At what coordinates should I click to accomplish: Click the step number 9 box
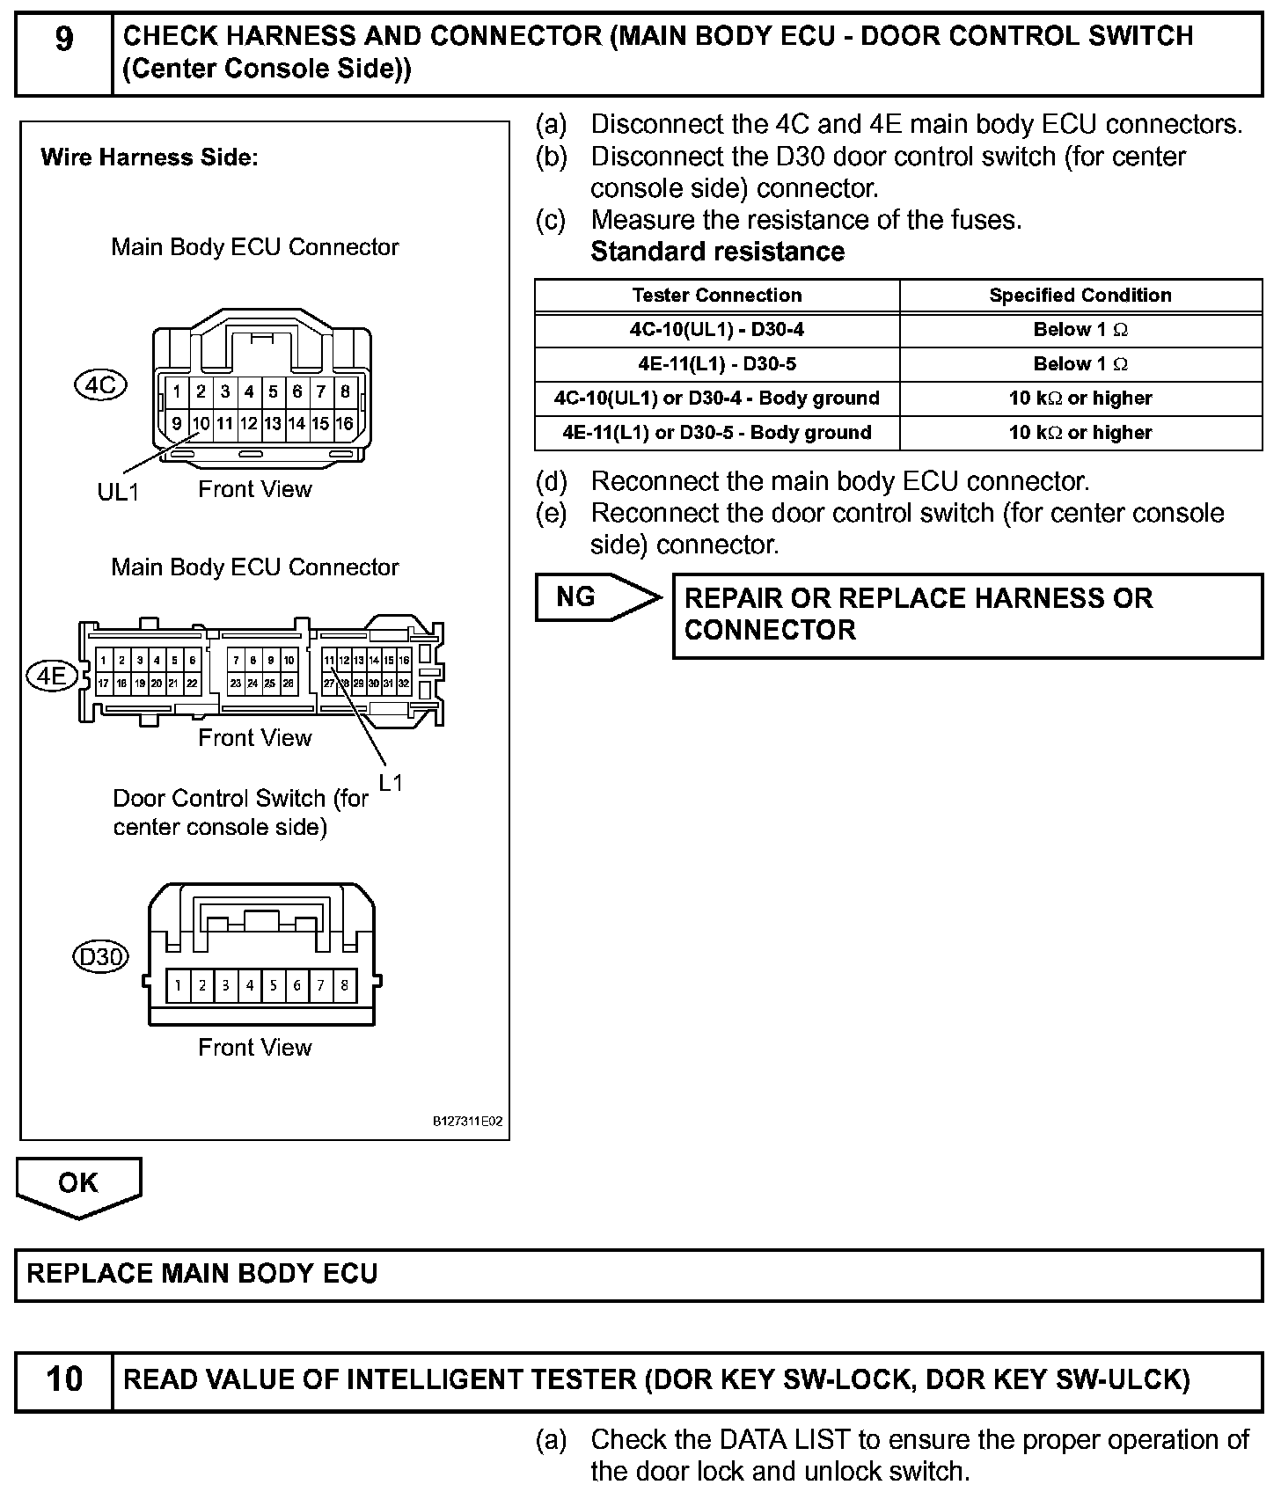tap(64, 53)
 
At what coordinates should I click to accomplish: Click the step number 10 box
tap(64, 1379)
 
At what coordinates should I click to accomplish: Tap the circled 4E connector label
tap(52, 676)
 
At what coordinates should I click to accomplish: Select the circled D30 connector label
tap(100, 956)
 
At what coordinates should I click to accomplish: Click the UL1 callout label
tap(118, 492)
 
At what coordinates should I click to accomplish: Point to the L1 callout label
tap(391, 781)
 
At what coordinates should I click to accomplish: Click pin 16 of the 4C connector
tap(344, 424)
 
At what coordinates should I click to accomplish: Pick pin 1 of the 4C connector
tap(178, 391)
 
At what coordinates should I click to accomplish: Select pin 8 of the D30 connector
tap(344, 985)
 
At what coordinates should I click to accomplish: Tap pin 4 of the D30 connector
tap(249, 985)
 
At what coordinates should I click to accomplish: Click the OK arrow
tap(78, 1185)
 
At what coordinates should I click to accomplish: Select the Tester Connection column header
tap(716, 296)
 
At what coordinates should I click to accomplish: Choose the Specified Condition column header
tap(1080, 296)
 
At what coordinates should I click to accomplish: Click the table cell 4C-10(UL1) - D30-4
tap(716, 330)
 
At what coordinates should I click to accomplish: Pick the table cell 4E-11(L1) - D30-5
tap(716, 364)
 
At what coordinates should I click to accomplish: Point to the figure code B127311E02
tap(466, 1122)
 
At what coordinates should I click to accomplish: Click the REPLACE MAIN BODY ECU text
tap(202, 1274)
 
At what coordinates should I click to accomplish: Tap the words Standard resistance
tap(717, 252)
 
